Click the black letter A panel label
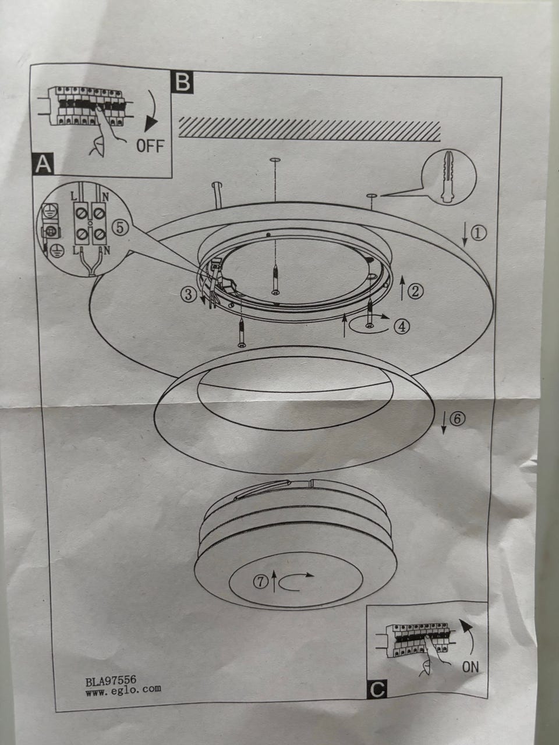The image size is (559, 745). [x=43, y=164]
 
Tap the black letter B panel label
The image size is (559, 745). [x=183, y=82]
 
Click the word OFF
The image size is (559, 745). [x=150, y=146]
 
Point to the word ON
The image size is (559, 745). [x=470, y=667]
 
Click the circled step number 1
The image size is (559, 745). [x=480, y=233]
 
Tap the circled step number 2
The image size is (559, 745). [x=415, y=291]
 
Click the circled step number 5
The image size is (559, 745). [x=121, y=228]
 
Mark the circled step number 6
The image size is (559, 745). [x=457, y=419]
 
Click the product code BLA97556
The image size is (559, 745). [x=111, y=679]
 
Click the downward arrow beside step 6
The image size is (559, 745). [x=444, y=423]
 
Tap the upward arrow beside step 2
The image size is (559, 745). [x=402, y=288]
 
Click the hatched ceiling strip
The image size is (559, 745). [x=310, y=129]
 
